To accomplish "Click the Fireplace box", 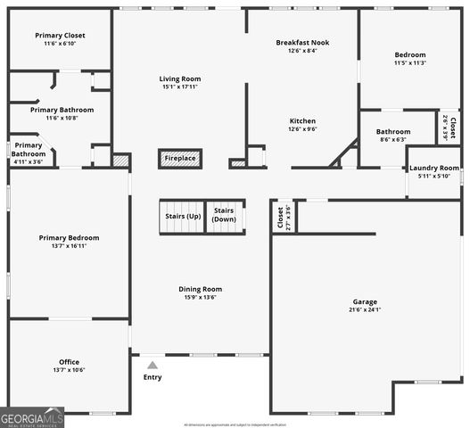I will (x=180, y=159).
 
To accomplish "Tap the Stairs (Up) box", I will (x=183, y=217).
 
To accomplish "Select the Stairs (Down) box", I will (x=225, y=216).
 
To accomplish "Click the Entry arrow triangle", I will (x=153, y=365).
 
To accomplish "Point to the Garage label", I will (x=365, y=301).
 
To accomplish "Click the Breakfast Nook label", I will (x=302, y=42).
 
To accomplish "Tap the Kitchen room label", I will (x=302, y=120).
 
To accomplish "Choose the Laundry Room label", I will (x=434, y=168).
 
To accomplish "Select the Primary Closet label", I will (x=61, y=36).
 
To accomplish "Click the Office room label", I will (x=69, y=361).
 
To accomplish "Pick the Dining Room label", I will (x=200, y=289).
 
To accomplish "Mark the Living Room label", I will (x=180, y=78).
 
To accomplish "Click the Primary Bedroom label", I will (x=69, y=237).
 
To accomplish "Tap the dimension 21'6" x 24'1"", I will (x=365, y=309).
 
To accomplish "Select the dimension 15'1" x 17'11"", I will (x=180, y=87).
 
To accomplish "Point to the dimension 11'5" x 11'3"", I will (x=410, y=63).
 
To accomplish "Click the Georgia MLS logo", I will (x=32, y=417).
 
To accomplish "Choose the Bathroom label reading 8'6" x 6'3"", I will (x=393, y=132).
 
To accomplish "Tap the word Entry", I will (x=153, y=377).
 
